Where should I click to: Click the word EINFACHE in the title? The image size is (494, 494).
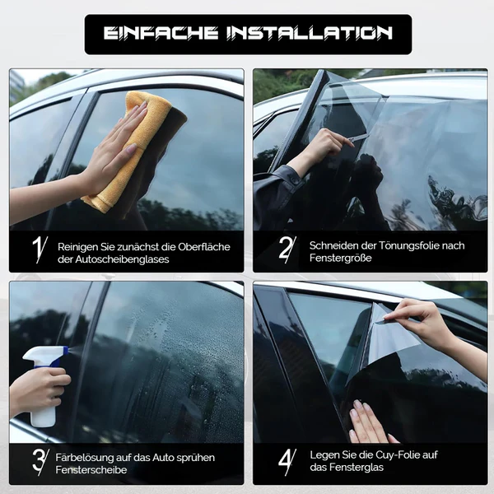click(x=161, y=33)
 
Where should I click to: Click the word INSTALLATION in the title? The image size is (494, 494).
click(x=310, y=33)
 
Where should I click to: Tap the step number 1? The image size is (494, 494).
click(x=39, y=249)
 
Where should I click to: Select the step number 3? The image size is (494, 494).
click(x=40, y=462)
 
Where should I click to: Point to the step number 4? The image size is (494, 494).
click(x=286, y=462)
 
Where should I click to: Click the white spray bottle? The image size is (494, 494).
click(x=44, y=384)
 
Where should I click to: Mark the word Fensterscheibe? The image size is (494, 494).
click(x=91, y=470)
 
